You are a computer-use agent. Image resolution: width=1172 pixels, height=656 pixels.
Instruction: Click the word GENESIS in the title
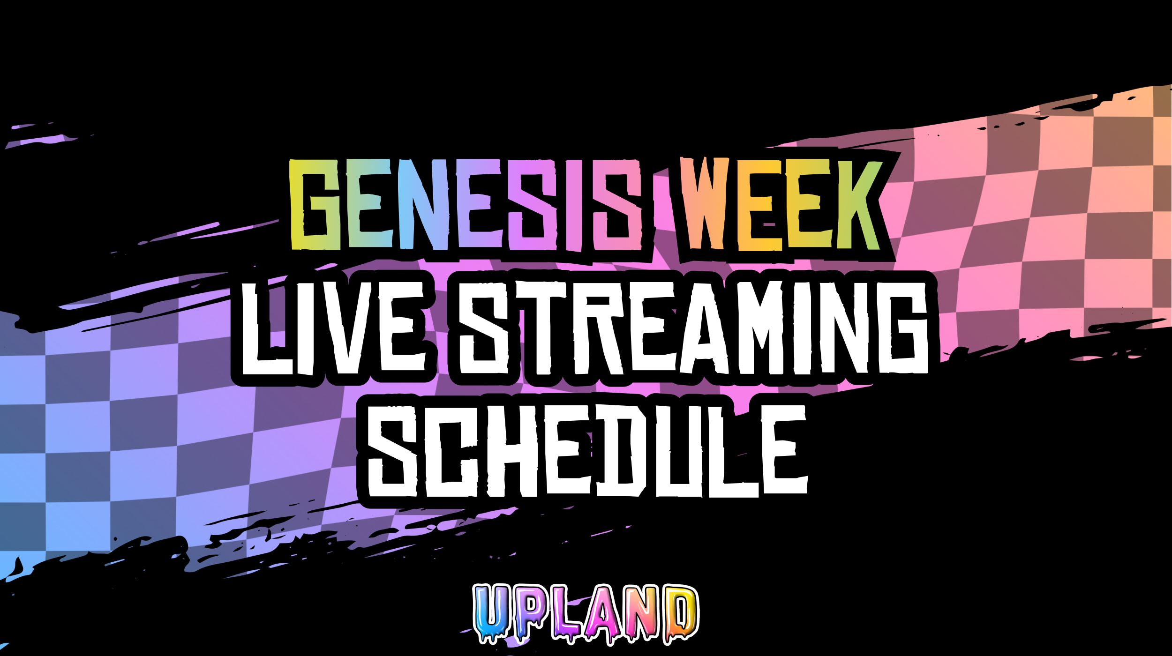466,205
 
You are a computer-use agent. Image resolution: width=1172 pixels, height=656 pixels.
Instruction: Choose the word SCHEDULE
587,450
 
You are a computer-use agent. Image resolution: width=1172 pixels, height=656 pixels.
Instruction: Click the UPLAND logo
586,613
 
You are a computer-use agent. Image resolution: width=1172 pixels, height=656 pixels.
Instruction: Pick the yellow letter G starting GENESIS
315,205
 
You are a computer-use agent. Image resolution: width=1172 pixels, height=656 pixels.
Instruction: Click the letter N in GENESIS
423,205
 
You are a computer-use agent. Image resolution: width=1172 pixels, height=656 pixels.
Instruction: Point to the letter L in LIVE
267,328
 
